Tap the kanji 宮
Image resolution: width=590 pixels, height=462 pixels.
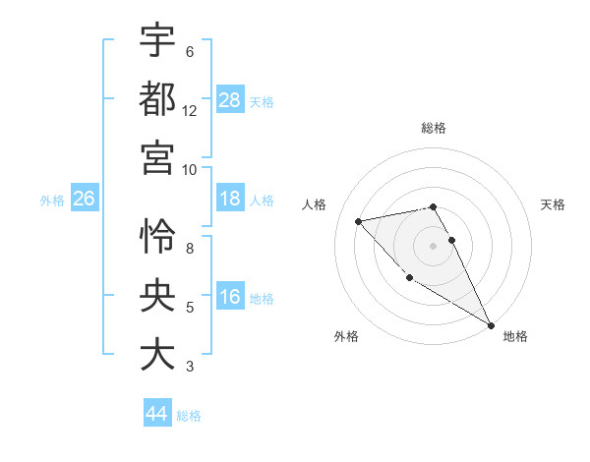tap(157, 157)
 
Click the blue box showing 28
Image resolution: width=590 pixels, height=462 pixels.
tap(230, 99)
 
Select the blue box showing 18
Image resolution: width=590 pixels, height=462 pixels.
tap(230, 200)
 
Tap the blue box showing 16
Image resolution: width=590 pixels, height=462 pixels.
tap(230, 298)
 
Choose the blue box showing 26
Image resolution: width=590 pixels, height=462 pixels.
tap(84, 200)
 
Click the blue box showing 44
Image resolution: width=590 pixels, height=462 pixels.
tap(157, 414)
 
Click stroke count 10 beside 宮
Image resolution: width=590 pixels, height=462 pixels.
tap(190, 169)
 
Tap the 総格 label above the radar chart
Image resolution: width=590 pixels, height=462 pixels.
tap(434, 128)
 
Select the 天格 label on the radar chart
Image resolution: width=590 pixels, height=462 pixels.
tap(554, 204)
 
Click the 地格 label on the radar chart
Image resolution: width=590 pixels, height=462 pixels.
tap(515, 336)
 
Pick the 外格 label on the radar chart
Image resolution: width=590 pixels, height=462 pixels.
tap(346, 336)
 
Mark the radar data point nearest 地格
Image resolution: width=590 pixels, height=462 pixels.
tap(492, 325)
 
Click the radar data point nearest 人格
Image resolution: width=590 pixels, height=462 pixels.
tap(359, 221)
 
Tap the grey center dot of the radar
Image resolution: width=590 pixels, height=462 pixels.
tap(433, 245)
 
